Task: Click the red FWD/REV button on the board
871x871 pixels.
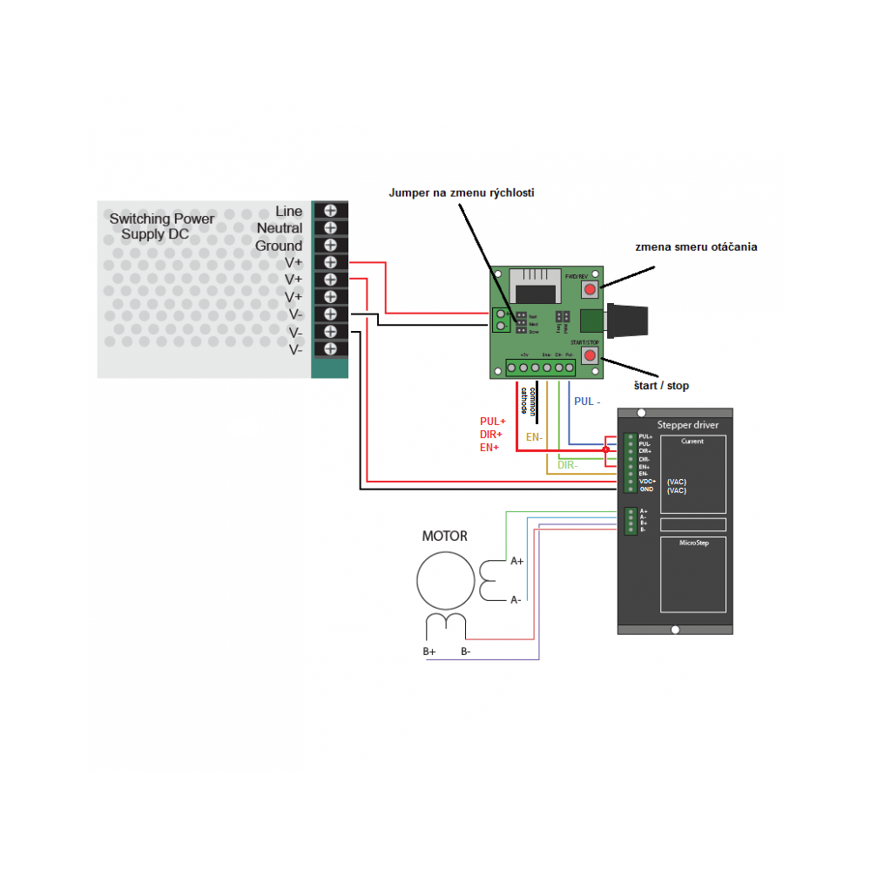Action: click(x=591, y=289)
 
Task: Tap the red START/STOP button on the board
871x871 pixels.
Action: click(x=591, y=357)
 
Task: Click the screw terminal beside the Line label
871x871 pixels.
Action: click(x=330, y=210)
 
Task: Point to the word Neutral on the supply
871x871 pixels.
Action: click(x=280, y=228)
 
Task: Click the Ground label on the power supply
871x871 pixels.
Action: click(x=279, y=246)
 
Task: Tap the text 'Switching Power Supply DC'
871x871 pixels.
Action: click(x=161, y=226)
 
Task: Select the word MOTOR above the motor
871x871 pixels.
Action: click(x=444, y=536)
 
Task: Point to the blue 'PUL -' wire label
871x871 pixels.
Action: click(x=588, y=402)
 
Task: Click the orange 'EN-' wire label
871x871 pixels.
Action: click(x=534, y=436)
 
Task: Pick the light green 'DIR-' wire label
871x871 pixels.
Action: click(x=568, y=466)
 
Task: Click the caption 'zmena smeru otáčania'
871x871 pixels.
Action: click(x=696, y=246)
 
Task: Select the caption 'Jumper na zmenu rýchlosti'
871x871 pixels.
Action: click(x=461, y=192)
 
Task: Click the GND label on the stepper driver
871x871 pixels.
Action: click(x=645, y=490)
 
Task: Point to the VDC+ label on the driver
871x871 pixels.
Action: click(x=647, y=482)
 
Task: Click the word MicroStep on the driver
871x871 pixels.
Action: click(x=694, y=543)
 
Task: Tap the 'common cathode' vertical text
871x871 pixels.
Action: click(x=528, y=399)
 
